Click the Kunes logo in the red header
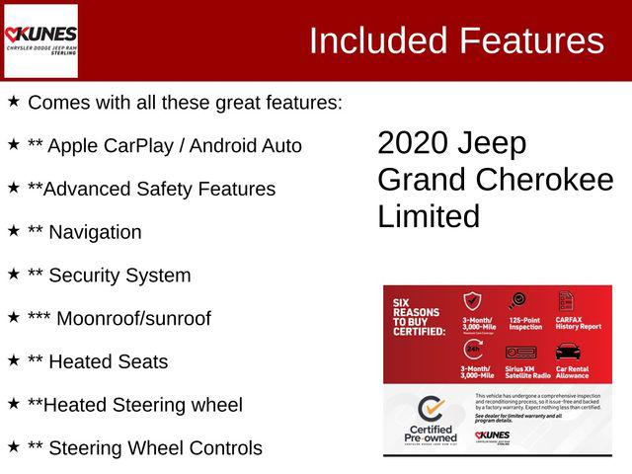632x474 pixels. (40, 40)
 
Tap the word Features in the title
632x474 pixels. (531, 40)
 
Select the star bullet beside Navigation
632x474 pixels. (14, 231)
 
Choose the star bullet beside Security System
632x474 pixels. (14, 275)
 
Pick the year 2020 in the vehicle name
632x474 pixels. (412, 143)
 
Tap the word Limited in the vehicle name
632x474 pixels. (429, 216)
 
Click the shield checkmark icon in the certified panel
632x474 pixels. (473, 301)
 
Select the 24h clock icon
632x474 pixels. (473, 351)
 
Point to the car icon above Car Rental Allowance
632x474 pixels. (567, 351)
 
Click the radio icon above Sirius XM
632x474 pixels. (520, 352)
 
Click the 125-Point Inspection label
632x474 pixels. (525, 323)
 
